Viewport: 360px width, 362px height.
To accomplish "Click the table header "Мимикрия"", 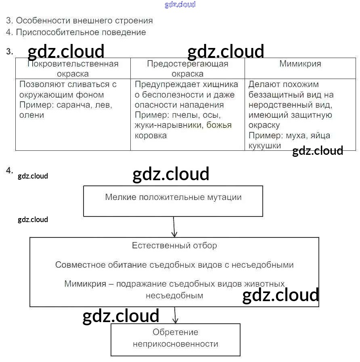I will click(x=300, y=64).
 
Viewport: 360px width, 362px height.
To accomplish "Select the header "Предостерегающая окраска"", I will click(x=187, y=69).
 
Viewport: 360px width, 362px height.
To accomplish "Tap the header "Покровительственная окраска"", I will click(x=73, y=69).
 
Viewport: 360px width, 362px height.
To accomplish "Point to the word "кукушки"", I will click(x=265, y=146).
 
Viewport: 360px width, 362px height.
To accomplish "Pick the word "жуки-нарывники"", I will click(x=168, y=125).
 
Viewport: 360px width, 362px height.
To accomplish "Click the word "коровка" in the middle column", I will click(x=151, y=135).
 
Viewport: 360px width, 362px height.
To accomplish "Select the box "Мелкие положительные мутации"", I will click(x=173, y=201).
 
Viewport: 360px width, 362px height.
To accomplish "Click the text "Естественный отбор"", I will click(x=174, y=245).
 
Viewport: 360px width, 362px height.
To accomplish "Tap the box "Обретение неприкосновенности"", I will click(x=176, y=339).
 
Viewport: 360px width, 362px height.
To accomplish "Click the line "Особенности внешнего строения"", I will click(x=80, y=21).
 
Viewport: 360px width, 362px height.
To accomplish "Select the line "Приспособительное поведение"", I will click(x=76, y=32).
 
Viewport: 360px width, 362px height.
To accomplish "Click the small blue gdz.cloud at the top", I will click(x=180, y=4).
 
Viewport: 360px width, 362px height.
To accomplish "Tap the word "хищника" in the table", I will click(x=222, y=84).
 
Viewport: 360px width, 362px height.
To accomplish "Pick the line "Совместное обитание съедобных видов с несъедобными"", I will click(x=174, y=265).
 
